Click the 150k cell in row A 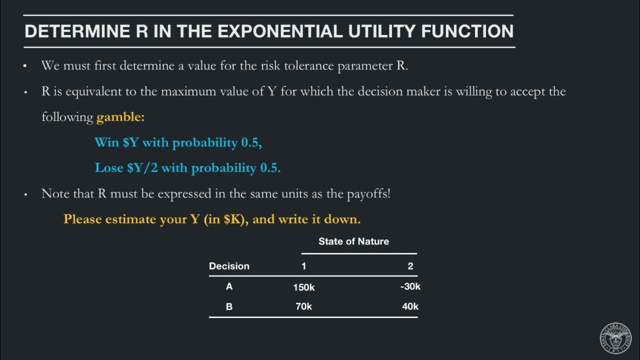point(303,287)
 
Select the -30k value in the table point(410,286)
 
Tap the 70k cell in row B point(303,306)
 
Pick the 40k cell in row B point(410,306)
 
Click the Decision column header point(229,266)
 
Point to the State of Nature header point(353,241)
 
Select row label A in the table point(229,286)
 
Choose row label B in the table point(229,306)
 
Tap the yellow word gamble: point(120,117)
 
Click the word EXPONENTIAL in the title point(280,31)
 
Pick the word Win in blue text point(106,142)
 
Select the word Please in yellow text point(82,219)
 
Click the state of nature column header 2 point(410,266)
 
